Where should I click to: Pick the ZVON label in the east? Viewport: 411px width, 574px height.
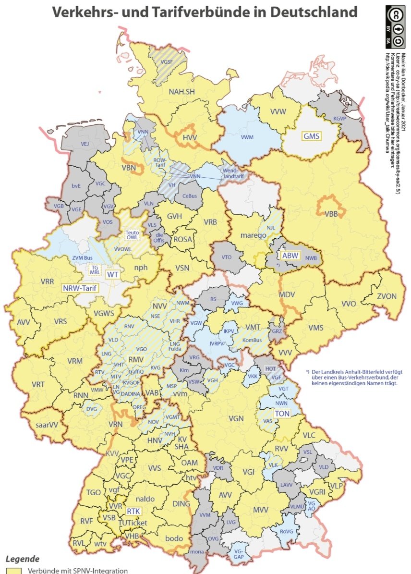[x=386, y=296]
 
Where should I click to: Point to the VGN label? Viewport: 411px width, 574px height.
[x=236, y=418]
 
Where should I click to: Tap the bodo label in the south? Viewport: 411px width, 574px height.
[x=174, y=538]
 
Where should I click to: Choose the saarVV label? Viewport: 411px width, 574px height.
[x=47, y=425]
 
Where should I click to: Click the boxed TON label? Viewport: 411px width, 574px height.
[x=281, y=414]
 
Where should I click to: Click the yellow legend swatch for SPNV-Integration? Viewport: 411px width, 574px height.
[x=13, y=571]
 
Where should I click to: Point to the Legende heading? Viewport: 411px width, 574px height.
[x=22, y=559]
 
